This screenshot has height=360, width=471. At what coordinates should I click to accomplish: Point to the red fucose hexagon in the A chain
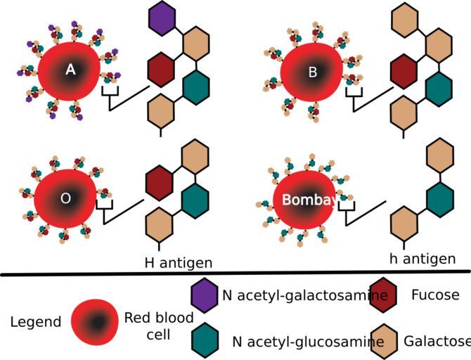point(161,69)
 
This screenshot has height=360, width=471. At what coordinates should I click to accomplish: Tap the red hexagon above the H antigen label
point(159,181)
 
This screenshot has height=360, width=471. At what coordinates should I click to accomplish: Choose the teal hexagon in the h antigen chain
point(439,198)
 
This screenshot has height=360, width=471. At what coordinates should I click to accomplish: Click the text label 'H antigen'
point(179,263)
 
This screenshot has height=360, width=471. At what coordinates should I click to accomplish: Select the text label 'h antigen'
point(422,259)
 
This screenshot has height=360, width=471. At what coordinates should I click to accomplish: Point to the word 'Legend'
point(36,322)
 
